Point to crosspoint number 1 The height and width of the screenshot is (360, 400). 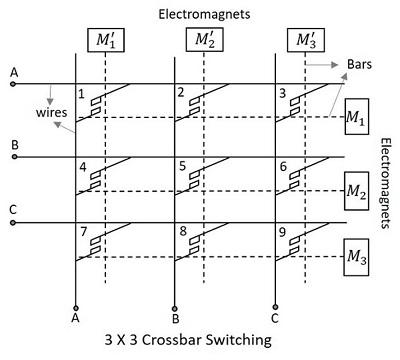82,94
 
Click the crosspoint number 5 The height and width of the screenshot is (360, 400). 181,166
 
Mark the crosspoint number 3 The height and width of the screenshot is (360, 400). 282,94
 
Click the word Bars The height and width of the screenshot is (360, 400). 360,63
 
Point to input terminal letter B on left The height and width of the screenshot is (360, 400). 13,144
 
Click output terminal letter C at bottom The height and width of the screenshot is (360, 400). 275,321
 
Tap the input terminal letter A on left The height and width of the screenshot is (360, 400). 13,72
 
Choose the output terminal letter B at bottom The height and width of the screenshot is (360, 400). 176,321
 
